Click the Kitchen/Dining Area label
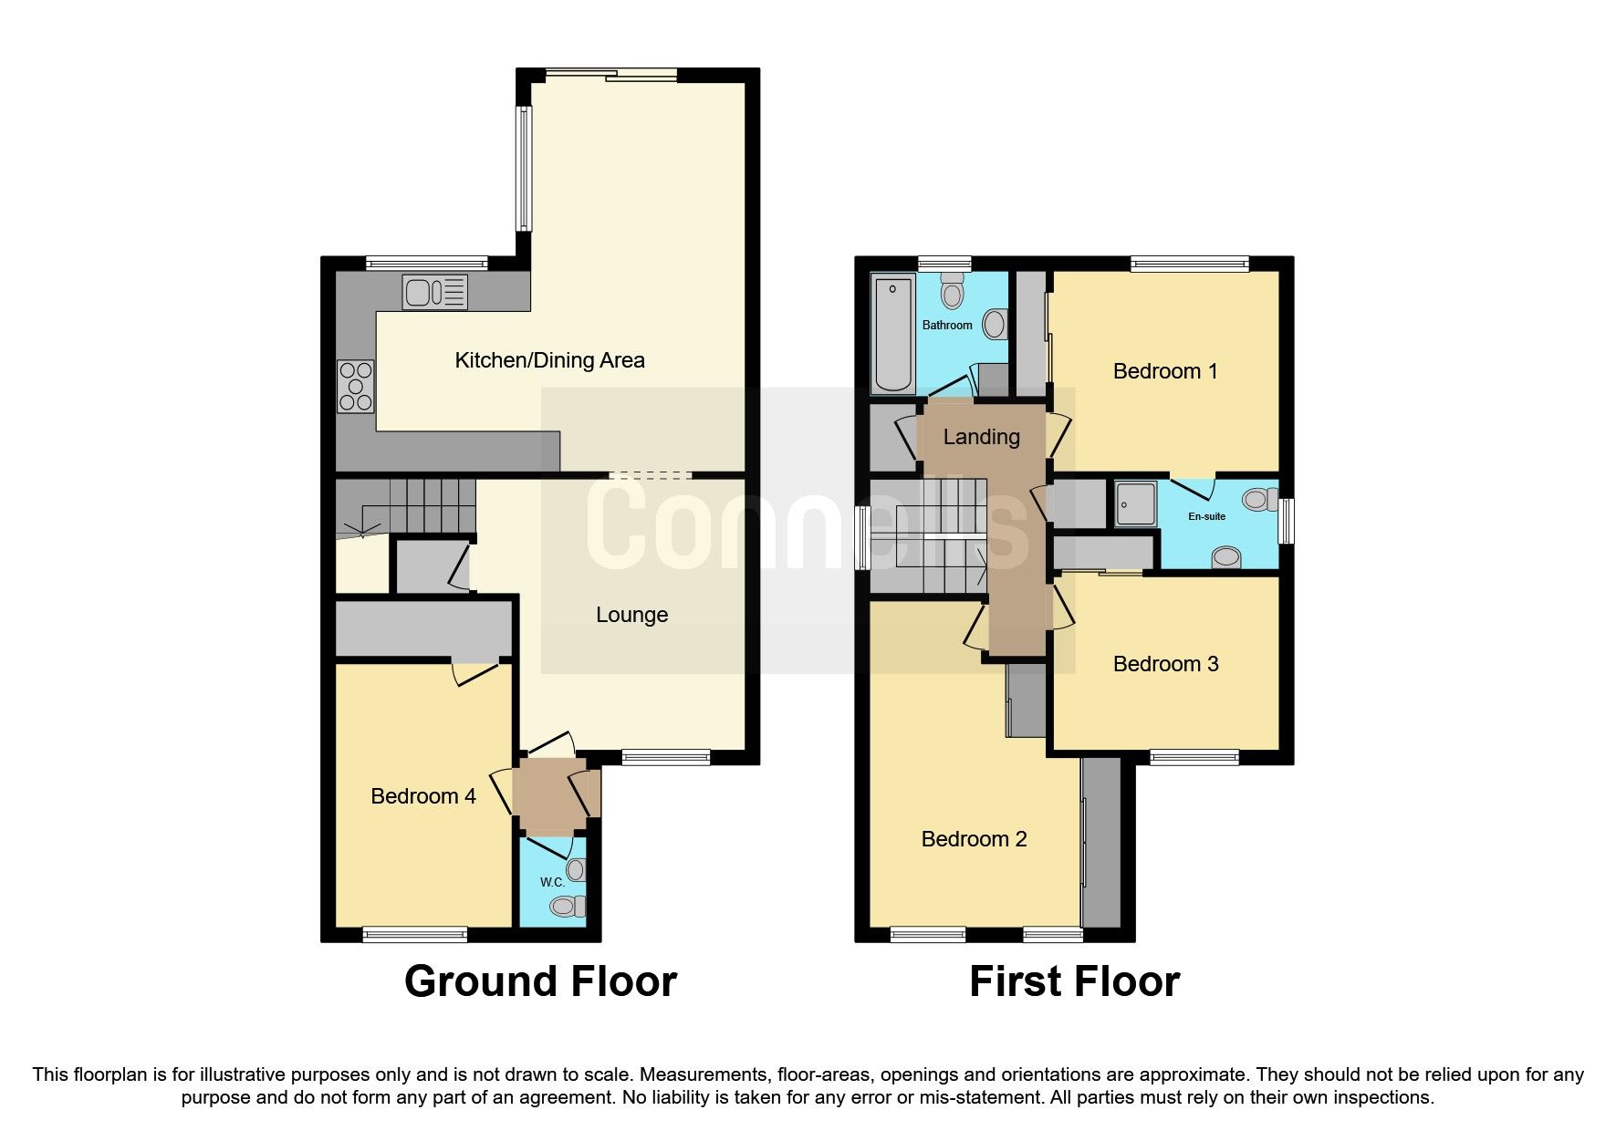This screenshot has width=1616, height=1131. pos(549,360)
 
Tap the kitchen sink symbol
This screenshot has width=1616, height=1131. pos(435,293)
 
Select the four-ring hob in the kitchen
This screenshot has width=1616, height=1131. pos(356,387)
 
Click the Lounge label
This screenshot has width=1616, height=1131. pos(631,615)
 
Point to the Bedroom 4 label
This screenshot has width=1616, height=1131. pos(422,796)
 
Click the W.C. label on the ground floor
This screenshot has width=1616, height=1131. pos(552,882)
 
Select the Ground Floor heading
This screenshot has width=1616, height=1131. pos(540,981)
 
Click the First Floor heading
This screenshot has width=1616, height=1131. pos(1074,981)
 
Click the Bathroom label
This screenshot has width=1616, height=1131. pos(947,325)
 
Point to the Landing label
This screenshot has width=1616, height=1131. pos(981,437)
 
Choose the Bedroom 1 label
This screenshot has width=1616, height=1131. pos(1165,371)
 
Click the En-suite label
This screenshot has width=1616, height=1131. pos(1206,516)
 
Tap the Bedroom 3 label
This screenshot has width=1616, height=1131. pos(1165,664)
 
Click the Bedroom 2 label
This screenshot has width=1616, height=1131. pos(974,839)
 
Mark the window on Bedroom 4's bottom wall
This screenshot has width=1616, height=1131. pos(415,934)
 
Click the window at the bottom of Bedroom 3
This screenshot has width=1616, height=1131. pos(1194,757)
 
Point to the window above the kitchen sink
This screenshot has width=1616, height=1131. pos(426,264)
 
